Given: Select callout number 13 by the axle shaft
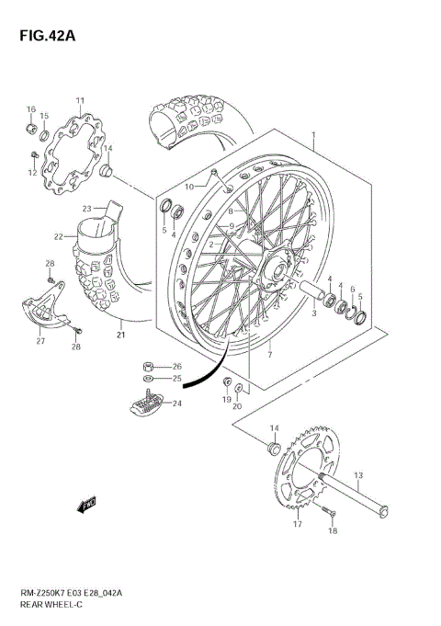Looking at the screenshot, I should pyautogui.click(x=359, y=475).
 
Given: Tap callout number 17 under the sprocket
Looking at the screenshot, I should pyautogui.click(x=297, y=524).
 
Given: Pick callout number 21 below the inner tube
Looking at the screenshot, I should pyautogui.click(x=119, y=335).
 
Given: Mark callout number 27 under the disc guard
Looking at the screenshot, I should pyautogui.click(x=40, y=341).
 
